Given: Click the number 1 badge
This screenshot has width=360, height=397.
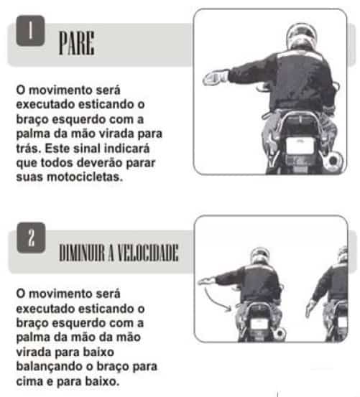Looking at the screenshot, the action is click(31, 31).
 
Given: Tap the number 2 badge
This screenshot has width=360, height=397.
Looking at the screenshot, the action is click(31, 238).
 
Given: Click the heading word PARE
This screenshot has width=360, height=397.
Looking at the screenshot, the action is click(77, 43).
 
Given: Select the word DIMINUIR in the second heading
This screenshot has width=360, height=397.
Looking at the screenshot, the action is click(82, 253).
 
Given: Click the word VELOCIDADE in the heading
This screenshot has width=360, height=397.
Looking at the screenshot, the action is click(148, 253).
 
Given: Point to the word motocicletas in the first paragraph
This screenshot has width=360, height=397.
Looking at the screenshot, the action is click(85, 177).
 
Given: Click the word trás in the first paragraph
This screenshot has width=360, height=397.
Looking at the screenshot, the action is click(29, 149).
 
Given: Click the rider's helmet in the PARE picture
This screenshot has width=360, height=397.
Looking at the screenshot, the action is click(301, 35).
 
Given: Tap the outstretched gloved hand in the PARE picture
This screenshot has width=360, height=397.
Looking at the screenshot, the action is click(216, 78).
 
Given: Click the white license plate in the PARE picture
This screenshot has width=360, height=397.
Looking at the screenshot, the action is click(300, 145).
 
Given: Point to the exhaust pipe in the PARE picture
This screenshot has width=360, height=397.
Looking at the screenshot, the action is click(334, 161).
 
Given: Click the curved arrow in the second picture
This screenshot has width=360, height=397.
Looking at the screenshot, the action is click(216, 301).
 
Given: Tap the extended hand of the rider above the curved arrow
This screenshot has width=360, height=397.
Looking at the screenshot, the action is click(206, 281).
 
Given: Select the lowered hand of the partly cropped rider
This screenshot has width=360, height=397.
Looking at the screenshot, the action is click(310, 308).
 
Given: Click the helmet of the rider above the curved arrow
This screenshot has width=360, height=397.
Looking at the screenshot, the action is click(259, 256).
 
